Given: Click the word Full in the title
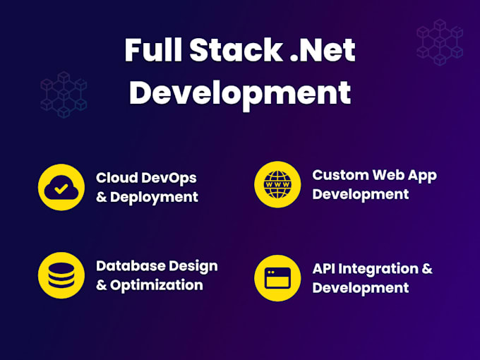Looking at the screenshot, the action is [x=153, y=49].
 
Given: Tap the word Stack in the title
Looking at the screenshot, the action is [x=236, y=49].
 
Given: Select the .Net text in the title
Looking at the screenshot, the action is [x=323, y=50].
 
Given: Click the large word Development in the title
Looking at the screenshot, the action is [x=240, y=93].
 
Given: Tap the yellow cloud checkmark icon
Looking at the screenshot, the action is [x=61, y=187].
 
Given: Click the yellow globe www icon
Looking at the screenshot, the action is [x=277, y=185].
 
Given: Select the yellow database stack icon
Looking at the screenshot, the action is [x=61, y=275].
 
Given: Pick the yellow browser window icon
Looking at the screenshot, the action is [x=277, y=278].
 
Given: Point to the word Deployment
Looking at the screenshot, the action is [x=154, y=198].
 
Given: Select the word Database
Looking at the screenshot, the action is [x=131, y=265].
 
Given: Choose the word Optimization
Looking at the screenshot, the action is [x=157, y=286].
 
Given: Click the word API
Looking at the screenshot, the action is [x=323, y=269].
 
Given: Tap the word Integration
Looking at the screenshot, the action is [x=378, y=269].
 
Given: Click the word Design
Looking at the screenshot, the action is [x=193, y=267].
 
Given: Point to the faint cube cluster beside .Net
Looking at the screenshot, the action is [x=440, y=42].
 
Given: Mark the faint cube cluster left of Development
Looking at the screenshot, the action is [x=64, y=95].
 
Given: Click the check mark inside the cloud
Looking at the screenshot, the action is [x=61, y=188].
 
